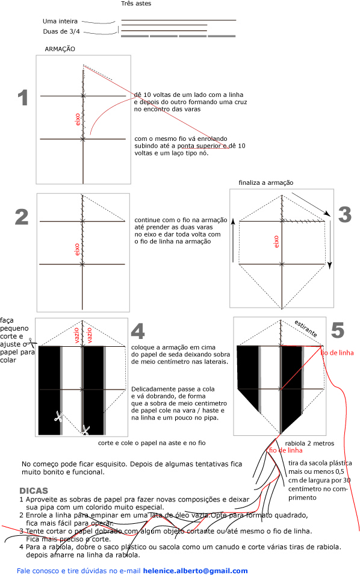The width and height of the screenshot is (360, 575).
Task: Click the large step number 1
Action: (x=23, y=98)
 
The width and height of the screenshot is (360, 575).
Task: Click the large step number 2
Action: (x=22, y=217)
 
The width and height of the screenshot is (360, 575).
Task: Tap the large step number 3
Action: (x=344, y=214)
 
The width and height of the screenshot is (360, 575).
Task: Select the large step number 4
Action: (x=138, y=331)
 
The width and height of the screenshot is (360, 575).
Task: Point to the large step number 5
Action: (x=337, y=330)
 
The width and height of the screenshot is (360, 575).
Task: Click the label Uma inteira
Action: (x=60, y=21)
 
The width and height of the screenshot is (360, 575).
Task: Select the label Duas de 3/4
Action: (x=61, y=31)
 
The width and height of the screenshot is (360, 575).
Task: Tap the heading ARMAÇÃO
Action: (x=60, y=49)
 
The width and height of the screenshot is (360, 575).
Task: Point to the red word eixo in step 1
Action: (x=77, y=119)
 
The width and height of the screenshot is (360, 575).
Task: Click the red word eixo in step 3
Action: (x=276, y=241)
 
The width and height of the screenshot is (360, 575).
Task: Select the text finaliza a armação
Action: (x=265, y=182)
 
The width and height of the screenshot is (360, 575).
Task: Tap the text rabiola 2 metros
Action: (x=313, y=443)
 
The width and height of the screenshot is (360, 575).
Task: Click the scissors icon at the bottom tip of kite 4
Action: (x=85, y=430)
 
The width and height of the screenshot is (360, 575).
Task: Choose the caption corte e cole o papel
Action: (x=152, y=443)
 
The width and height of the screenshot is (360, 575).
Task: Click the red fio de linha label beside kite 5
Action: (x=337, y=352)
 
